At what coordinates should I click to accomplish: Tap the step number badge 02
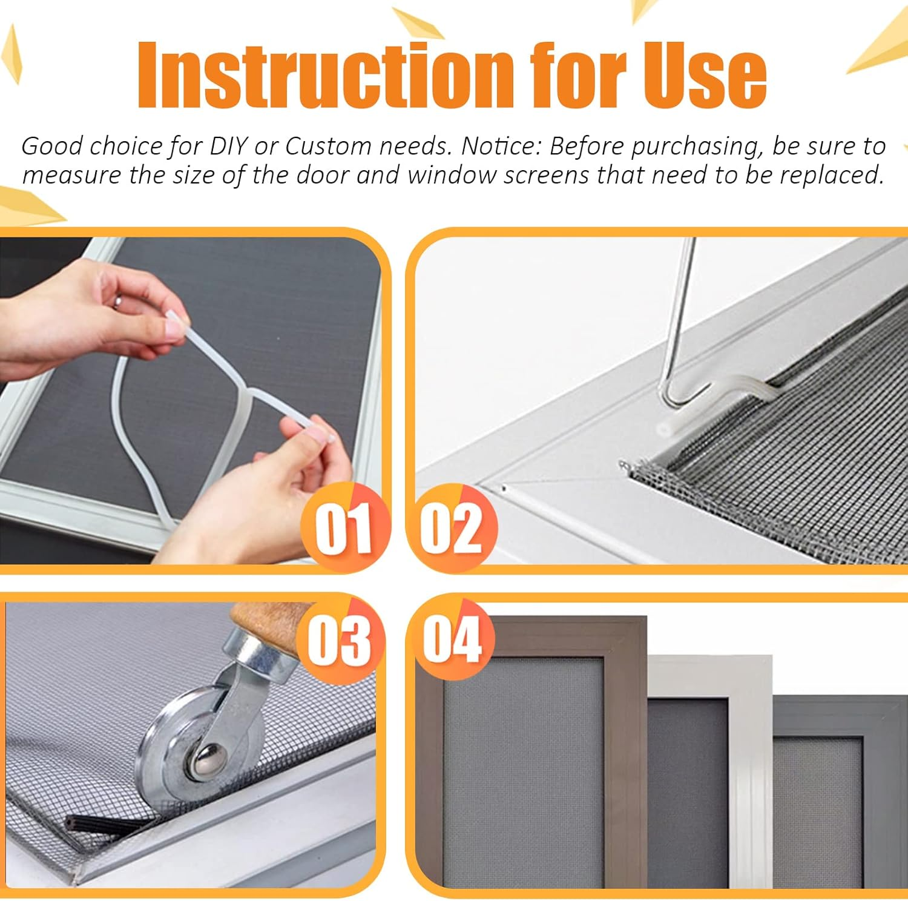pyautogui.click(x=452, y=529)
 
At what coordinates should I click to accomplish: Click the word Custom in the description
pyautogui.click(x=328, y=147)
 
